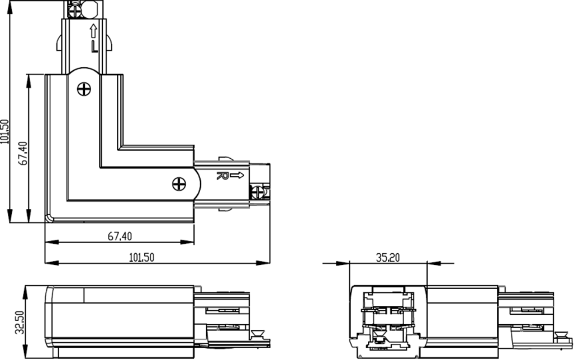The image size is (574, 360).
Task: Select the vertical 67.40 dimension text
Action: pyautogui.click(x=22, y=153)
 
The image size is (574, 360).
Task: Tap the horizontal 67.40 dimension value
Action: pyautogui.click(x=120, y=236)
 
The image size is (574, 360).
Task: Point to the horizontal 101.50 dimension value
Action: pyautogui.click(x=142, y=257)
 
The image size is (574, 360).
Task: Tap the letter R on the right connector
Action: pyautogui.click(x=221, y=176)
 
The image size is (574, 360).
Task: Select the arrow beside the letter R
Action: pyautogui.click(x=237, y=176)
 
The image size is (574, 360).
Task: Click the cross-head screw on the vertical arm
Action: pyautogui.click(x=84, y=88)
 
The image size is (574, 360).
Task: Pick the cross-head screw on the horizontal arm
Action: pyautogui.click(x=179, y=183)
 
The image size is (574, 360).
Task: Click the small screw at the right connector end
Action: pyautogui.click(x=258, y=192)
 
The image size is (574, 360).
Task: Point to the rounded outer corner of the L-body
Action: pyautogui.click(x=49, y=219)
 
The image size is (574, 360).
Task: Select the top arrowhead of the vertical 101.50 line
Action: pyautogui.click(x=10, y=4)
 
